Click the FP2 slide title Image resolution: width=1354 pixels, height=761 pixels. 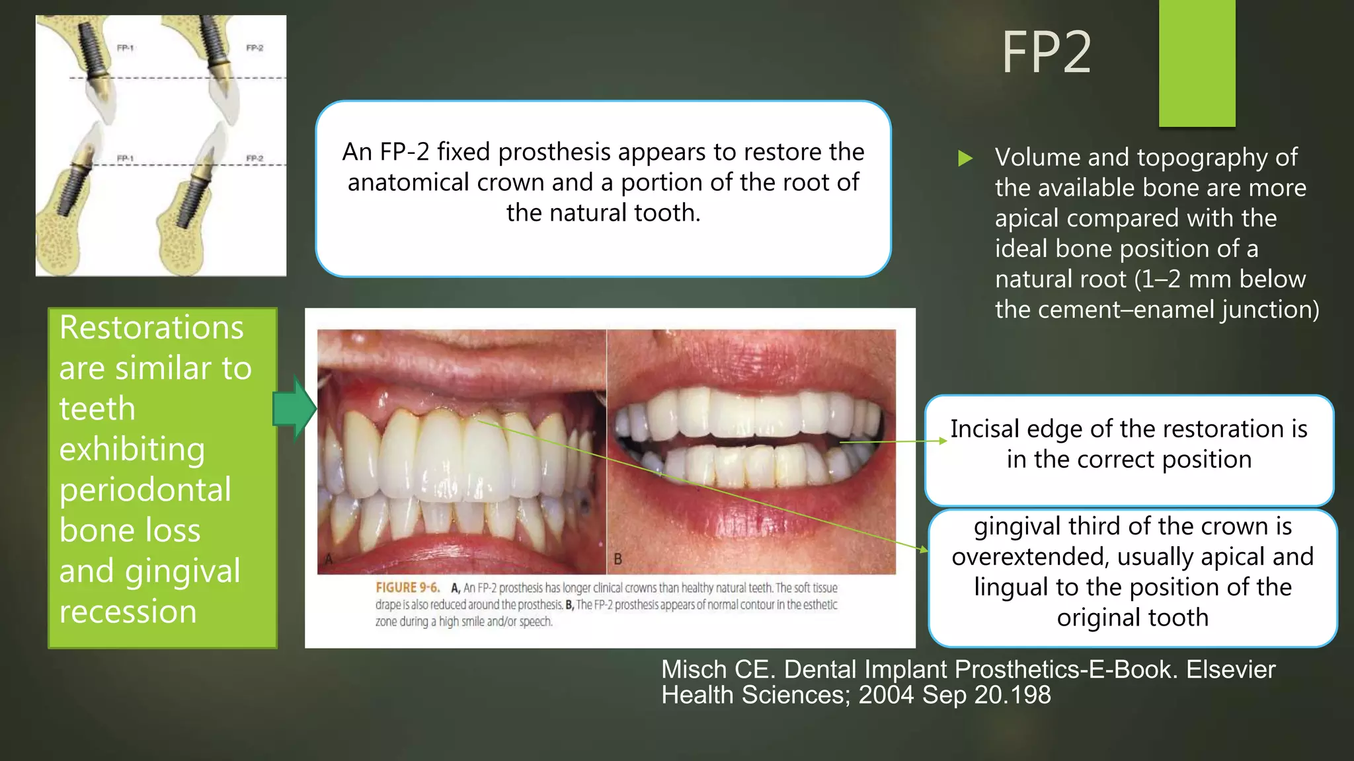point(1046,53)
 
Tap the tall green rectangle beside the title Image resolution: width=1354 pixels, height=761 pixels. point(1197,63)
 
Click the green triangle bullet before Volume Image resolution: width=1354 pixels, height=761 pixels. point(965,158)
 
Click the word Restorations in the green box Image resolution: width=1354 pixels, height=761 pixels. point(151,328)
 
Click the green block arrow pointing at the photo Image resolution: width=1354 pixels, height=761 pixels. point(294,409)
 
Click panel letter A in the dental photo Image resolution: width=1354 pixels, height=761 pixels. point(329,560)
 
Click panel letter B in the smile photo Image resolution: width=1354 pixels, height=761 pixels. point(617,560)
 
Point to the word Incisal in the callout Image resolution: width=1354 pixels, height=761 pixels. point(984,429)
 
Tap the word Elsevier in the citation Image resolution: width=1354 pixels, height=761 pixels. point(1230,670)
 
